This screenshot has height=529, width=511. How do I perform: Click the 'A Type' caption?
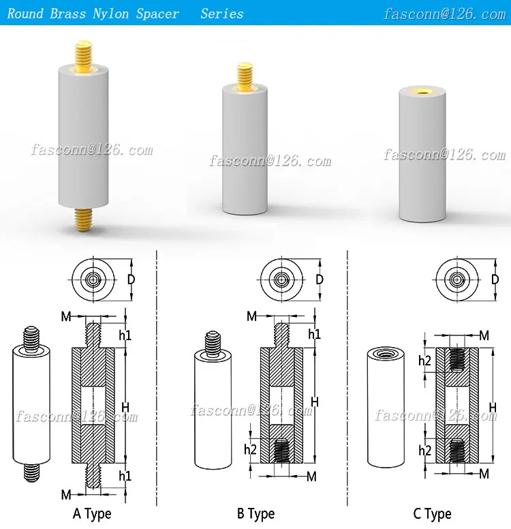pos(92,513)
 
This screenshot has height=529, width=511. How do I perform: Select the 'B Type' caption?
pos(255,513)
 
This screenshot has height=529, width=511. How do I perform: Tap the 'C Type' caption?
pos(432,514)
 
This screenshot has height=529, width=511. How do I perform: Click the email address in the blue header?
pos(444,14)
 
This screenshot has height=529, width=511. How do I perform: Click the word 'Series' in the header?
pos(221,14)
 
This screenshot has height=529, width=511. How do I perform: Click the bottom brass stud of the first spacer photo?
pos(82,219)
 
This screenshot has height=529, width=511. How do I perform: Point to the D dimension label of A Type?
pos(131,279)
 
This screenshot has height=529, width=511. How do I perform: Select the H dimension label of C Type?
pos(492,407)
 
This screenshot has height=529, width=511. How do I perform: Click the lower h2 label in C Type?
pos(425,451)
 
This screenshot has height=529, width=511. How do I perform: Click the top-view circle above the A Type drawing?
pos(93,279)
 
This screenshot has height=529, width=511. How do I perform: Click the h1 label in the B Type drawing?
pos(314,333)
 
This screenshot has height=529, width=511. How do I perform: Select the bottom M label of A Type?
pos(66,493)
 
